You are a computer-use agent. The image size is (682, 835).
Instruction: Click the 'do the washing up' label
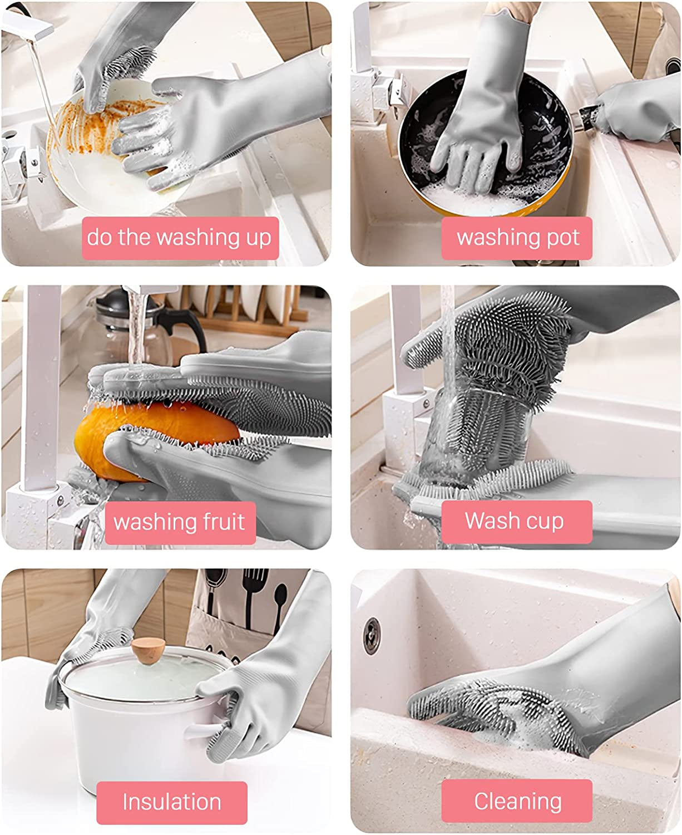180,238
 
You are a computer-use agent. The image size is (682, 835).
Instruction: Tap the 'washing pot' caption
517,238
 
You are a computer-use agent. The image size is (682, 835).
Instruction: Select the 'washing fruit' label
179,522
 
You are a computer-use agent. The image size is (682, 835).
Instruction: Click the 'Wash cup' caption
515,521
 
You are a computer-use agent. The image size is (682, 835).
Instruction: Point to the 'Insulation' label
171,802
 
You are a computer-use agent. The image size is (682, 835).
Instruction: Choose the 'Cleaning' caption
517,801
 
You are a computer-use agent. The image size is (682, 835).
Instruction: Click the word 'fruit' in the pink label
220,522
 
